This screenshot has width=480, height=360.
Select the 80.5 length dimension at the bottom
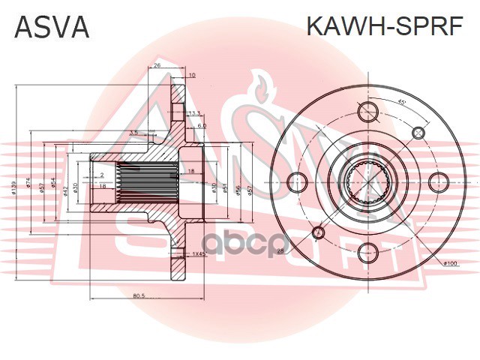[138, 296]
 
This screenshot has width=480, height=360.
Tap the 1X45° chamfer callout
[198, 255]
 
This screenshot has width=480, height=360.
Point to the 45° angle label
[402, 102]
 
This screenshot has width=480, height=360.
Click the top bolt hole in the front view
[368, 112]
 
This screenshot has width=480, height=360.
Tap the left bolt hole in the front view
[298, 181]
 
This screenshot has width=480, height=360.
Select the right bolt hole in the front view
[438, 181]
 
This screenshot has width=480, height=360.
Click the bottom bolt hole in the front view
[368, 251]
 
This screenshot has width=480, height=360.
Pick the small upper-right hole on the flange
[418, 132]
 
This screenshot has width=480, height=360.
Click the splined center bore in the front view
[368, 181]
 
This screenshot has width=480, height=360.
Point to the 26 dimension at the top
[157, 66]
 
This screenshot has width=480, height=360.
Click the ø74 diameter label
[29, 184]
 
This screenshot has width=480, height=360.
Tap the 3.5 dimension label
[133, 133]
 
